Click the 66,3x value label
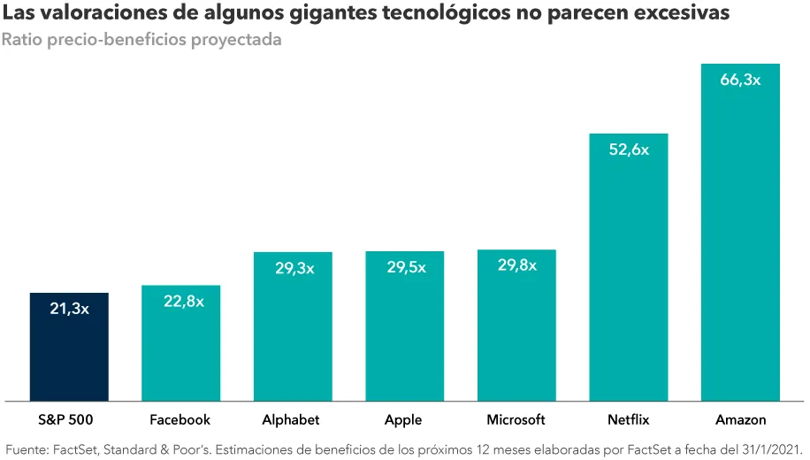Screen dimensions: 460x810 (x=740, y=80)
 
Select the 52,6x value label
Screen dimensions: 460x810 (x=629, y=149)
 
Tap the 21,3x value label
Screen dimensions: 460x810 (x=69, y=309)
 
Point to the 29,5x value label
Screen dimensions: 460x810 (x=404, y=267)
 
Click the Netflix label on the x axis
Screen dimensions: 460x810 (x=629, y=419)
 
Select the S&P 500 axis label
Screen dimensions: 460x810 (x=69, y=419)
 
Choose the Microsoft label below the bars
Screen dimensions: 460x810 (x=516, y=419)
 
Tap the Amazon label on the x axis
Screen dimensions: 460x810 (x=740, y=419)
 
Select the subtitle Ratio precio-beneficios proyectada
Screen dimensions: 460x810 (x=141, y=42)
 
